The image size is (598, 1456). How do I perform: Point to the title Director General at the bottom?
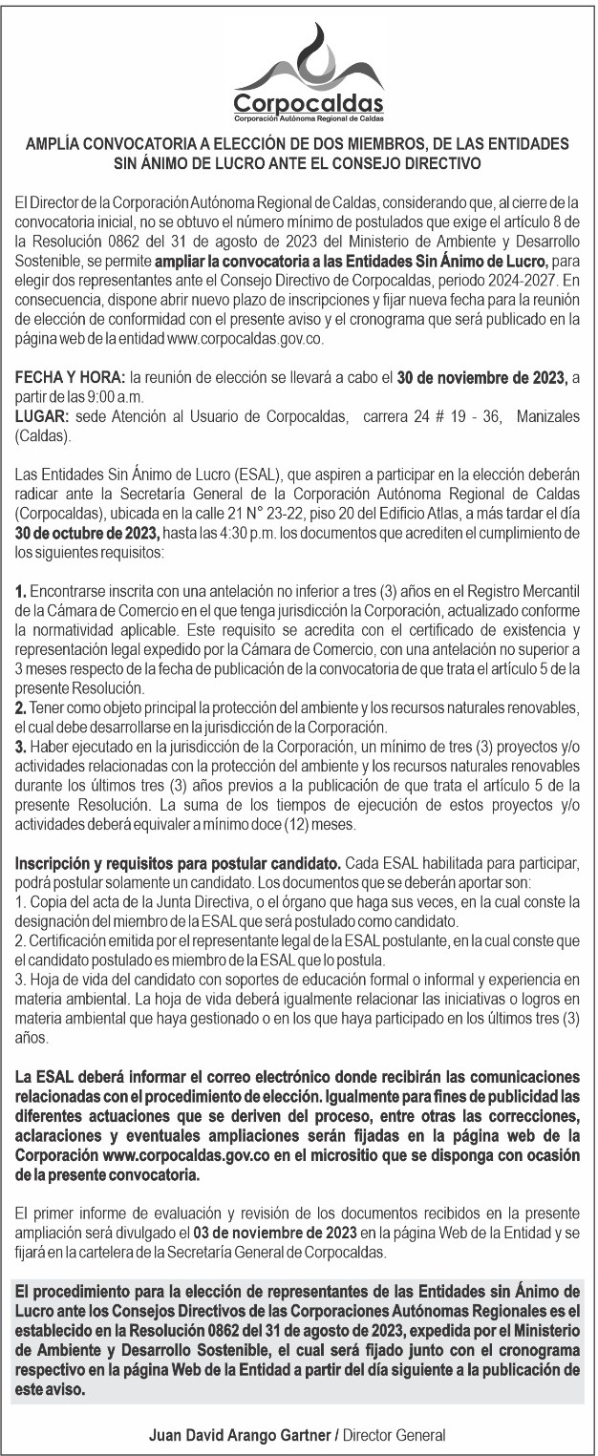pos(395,1435)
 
